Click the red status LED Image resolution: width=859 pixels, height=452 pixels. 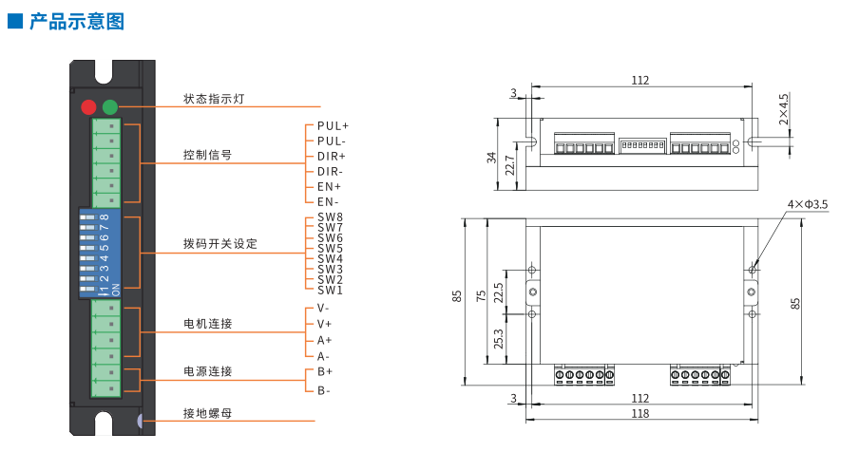[x=89, y=106]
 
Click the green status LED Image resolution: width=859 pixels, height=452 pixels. [x=110, y=106]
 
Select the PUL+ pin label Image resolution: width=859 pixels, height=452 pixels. [x=333, y=125]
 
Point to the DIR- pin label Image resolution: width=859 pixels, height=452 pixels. [x=331, y=171]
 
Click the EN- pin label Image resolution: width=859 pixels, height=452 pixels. [x=329, y=201]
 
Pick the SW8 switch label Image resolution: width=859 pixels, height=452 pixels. [x=330, y=217]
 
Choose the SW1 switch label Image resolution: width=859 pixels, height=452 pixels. [x=330, y=290]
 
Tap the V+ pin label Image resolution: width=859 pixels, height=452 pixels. [x=325, y=324]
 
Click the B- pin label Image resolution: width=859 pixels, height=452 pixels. [x=325, y=390]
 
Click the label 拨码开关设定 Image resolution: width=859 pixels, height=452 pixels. [x=220, y=244]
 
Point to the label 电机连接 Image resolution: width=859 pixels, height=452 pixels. [x=208, y=324]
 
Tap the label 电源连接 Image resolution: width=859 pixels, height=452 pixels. [x=208, y=371]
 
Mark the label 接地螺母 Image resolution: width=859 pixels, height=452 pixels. [x=208, y=413]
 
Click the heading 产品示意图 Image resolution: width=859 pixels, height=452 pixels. [x=77, y=20]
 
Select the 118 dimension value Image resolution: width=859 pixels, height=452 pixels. [x=639, y=413]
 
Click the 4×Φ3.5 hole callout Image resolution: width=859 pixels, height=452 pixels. [x=808, y=204]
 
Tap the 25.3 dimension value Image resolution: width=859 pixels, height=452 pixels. [x=499, y=339]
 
